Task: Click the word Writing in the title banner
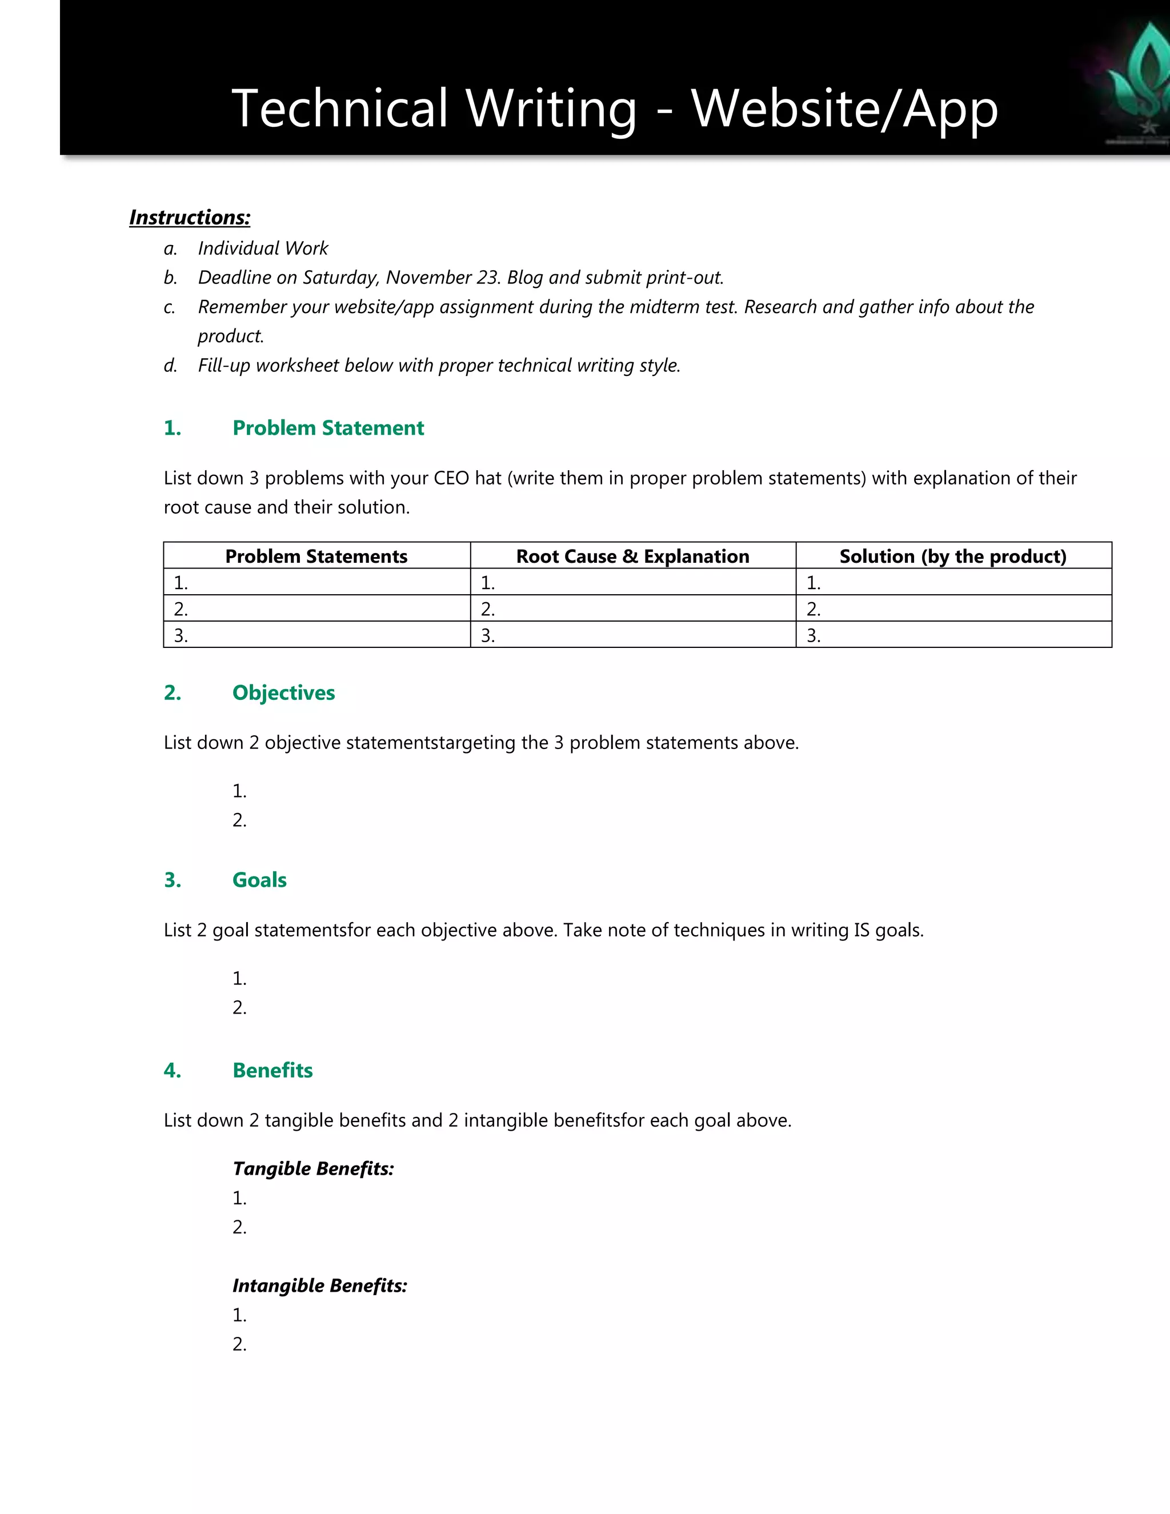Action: click(x=551, y=109)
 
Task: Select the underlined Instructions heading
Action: click(x=189, y=218)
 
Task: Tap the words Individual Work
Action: click(x=263, y=248)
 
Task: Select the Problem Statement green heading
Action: click(x=328, y=428)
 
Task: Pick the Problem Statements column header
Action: click(x=316, y=556)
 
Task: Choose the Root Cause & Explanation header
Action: click(x=632, y=556)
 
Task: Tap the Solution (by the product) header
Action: click(x=952, y=556)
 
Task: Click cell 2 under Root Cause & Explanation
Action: click(x=632, y=608)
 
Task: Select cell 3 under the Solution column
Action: click(x=952, y=635)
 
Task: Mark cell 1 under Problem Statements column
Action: click(x=316, y=582)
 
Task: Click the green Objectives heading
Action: click(x=283, y=692)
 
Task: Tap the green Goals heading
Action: click(x=259, y=880)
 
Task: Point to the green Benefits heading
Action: click(x=273, y=1070)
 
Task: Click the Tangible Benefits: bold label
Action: click(x=313, y=1169)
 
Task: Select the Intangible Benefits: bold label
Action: click(x=319, y=1286)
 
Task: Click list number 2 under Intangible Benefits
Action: click(x=239, y=1344)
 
